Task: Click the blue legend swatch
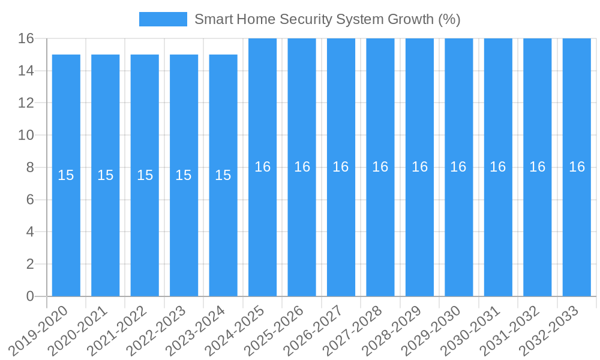tap(163, 19)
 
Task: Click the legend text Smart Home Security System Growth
tap(327, 19)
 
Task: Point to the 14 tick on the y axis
tap(26, 71)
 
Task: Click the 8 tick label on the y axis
tap(30, 167)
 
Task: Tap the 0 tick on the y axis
tap(30, 296)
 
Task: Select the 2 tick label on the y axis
tap(30, 264)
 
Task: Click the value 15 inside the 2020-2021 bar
tap(106, 175)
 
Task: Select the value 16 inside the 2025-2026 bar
tap(302, 167)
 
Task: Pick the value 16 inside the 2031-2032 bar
tap(538, 167)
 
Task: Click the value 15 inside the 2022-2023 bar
tap(184, 175)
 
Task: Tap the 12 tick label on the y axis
tap(26, 103)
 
